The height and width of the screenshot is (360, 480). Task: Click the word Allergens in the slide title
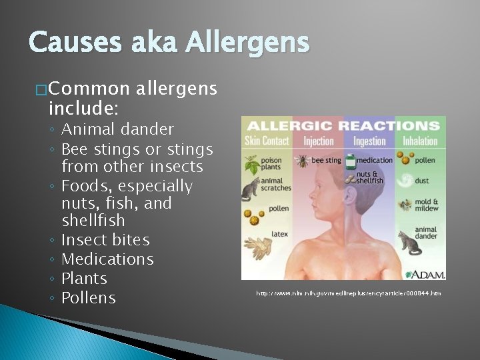[247, 43]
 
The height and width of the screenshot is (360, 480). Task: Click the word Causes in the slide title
[74, 43]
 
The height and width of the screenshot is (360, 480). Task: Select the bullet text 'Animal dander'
[117, 129]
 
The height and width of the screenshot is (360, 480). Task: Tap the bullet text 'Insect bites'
[105, 240]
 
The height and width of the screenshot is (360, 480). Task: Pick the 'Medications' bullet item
[107, 259]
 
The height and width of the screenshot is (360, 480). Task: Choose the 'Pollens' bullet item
[89, 298]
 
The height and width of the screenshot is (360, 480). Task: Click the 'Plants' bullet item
[84, 279]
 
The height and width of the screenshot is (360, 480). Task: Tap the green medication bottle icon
[349, 161]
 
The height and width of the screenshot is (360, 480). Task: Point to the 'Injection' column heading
[318, 141]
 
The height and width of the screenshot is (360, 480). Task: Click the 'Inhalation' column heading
[420, 141]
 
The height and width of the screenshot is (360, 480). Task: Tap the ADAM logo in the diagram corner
[425, 273]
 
